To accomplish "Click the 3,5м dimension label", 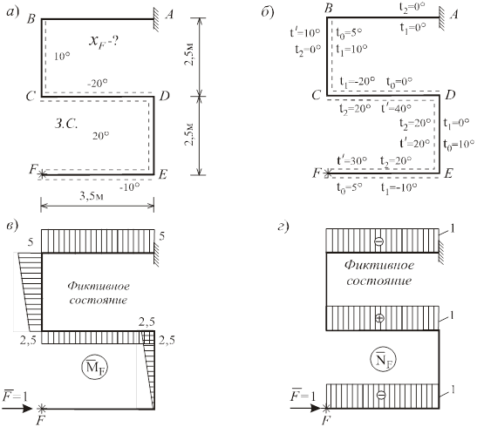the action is point(92,196).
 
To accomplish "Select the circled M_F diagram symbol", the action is point(95,367).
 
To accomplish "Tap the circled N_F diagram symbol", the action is point(383,360).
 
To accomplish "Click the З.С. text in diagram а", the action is point(66,124).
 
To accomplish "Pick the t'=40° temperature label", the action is point(397,108).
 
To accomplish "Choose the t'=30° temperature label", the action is point(351,160).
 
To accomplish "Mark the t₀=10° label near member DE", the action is point(459,144).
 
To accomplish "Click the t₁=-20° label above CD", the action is point(358,81).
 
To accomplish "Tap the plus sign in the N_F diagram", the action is point(379,318).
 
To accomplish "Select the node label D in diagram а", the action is point(164,96).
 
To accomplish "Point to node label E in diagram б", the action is point(449,173).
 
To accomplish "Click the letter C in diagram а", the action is point(31,97).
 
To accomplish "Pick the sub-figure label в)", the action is point(13,226).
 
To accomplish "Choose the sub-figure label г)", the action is point(283,227).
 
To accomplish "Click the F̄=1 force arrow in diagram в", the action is point(17,408).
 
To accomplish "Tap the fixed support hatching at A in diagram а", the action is point(156,20).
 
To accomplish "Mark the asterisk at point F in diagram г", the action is point(327,408).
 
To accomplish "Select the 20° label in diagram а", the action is point(100,136).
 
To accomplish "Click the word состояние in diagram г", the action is point(379,281).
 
